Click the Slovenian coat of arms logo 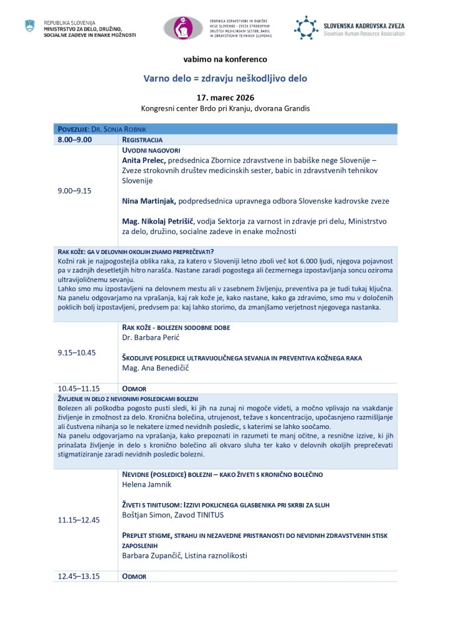29,27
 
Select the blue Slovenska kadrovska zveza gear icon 306,28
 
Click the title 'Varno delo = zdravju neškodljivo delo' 225,79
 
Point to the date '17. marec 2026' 225,98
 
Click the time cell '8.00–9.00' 75,139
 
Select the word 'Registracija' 143,139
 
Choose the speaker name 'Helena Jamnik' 145,484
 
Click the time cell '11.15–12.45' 79,520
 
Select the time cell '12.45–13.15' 79,576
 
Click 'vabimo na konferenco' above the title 225,59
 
